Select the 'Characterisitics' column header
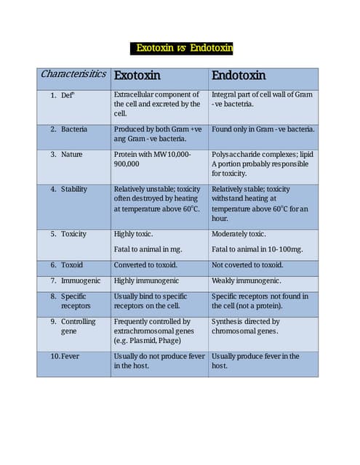[73, 74]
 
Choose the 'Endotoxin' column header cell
[238, 76]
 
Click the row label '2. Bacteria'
[69, 129]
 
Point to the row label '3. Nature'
[67, 154]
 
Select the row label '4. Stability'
[69, 189]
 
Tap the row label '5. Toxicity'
[68, 234]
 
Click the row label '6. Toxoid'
[67, 265]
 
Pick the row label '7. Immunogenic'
[74, 280]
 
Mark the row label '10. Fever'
[65, 356]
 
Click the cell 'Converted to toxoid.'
[145, 265]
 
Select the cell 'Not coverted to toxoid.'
[247, 265]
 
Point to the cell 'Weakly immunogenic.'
[246, 280]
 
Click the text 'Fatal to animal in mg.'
[148, 249]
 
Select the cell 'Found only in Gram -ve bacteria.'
[263, 129]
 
